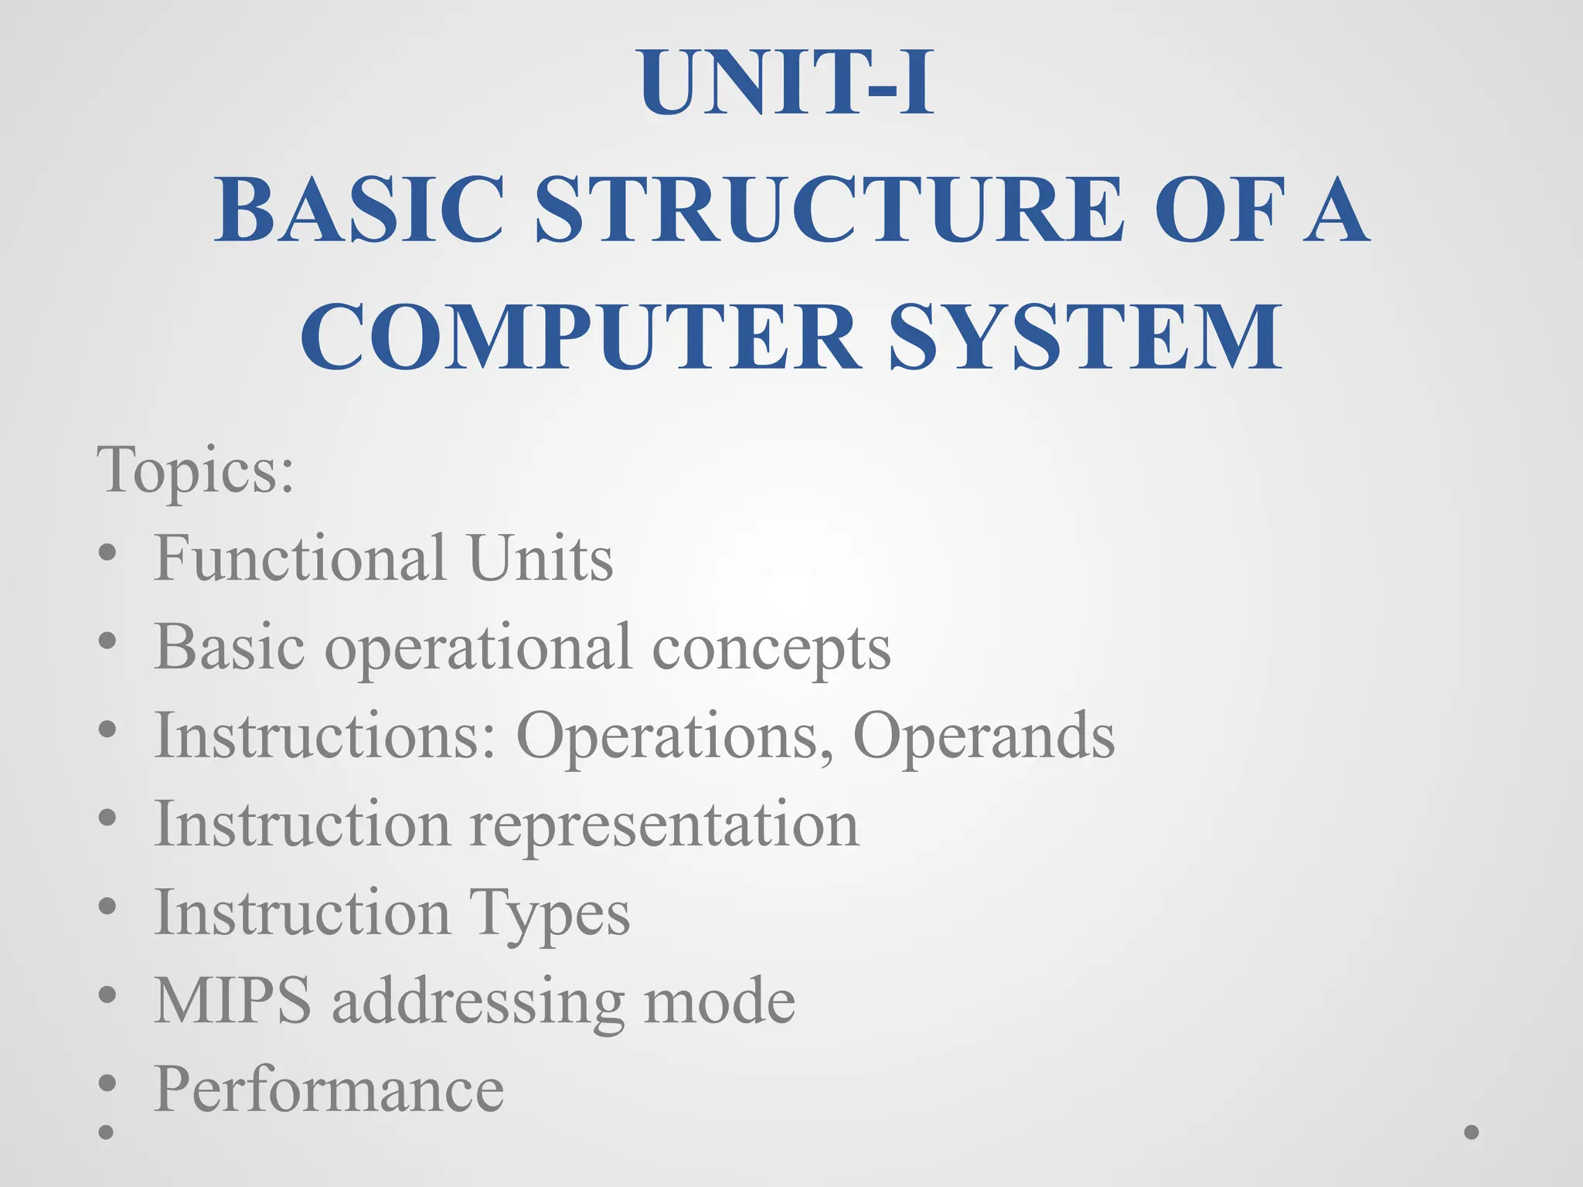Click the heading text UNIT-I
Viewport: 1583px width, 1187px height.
[x=787, y=83]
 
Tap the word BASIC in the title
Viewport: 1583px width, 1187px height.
[x=359, y=210]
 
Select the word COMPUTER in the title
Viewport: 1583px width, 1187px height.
[x=580, y=338]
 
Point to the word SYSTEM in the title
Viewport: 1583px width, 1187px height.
[x=1086, y=338]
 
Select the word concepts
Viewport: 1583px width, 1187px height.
[x=771, y=648]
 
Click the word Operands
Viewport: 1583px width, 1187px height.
[x=983, y=736]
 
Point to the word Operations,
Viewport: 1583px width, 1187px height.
[x=675, y=736]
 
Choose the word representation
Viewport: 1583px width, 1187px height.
[x=665, y=825]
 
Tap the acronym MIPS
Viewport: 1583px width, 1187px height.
[x=233, y=1001]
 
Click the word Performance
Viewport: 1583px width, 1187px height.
[x=329, y=1089]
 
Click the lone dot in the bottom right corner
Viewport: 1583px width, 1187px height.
[x=1472, y=1132]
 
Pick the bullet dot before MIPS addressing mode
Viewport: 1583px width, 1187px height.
[x=107, y=995]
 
